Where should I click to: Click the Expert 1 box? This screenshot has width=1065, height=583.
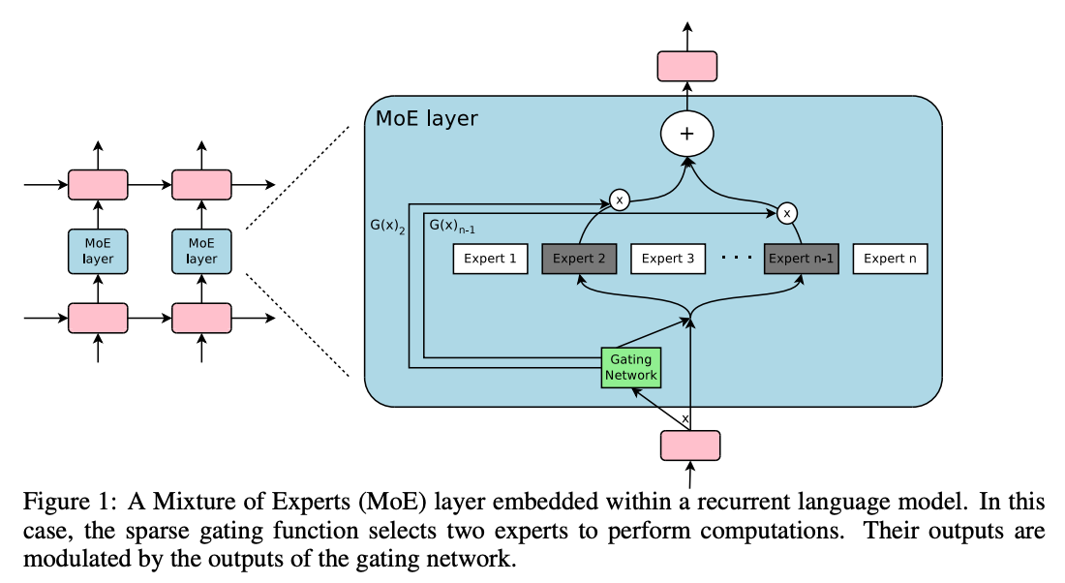(x=491, y=259)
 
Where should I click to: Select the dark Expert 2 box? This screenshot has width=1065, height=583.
(x=580, y=259)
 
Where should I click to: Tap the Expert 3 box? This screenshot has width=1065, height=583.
(x=668, y=259)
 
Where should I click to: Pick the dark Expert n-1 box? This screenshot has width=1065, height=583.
(x=801, y=259)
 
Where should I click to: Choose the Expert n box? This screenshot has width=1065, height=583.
(x=890, y=259)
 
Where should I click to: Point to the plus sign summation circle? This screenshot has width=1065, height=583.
(x=687, y=135)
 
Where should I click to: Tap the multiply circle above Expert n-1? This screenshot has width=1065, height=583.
(x=787, y=211)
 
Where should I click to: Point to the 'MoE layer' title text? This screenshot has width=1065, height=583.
(x=426, y=119)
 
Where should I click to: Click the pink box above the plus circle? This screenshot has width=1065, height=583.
(x=687, y=66)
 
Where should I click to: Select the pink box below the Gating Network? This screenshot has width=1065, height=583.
(x=690, y=445)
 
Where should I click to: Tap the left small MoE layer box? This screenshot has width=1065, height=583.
(x=97, y=251)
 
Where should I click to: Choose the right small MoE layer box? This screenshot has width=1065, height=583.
(x=201, y=251)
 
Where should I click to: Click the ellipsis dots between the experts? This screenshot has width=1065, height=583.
(x=738, y=259)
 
